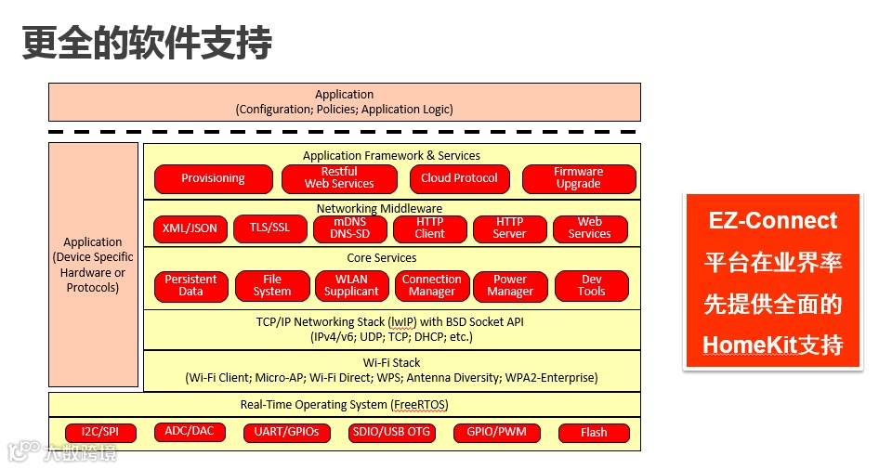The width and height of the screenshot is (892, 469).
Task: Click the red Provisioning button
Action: coord(213,178)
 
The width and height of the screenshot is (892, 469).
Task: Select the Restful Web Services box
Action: coord(339,178)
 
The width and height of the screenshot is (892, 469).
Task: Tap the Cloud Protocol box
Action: coord(459,178)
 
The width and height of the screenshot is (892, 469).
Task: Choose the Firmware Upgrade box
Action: coord(578,178)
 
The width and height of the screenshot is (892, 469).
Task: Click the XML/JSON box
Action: coord(190,228)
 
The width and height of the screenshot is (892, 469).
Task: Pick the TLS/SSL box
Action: coord(269,228)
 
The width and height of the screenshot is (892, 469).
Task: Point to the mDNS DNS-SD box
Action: coord(349,228)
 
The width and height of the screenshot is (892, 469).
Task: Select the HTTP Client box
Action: coord(429,228)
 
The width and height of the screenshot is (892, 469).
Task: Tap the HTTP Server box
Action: coord(509,228)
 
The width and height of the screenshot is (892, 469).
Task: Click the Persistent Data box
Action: coord(190,286)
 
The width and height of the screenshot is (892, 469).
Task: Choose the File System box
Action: coord(271,286)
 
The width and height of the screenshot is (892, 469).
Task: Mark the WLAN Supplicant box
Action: coord(351,286)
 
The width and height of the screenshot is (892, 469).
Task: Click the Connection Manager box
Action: coord(431,286)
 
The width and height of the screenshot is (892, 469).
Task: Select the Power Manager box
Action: coord(510,286)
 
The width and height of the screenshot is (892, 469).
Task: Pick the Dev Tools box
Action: coord(591,286)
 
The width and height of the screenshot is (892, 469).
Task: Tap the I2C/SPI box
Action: coord(100,433)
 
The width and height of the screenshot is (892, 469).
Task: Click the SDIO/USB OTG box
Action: coord(391,433)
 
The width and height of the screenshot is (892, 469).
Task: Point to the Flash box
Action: coord(593,433)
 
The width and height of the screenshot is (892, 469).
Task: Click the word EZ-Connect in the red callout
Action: coord(772,221)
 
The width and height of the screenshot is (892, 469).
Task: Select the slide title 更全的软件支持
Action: coord(147,43)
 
